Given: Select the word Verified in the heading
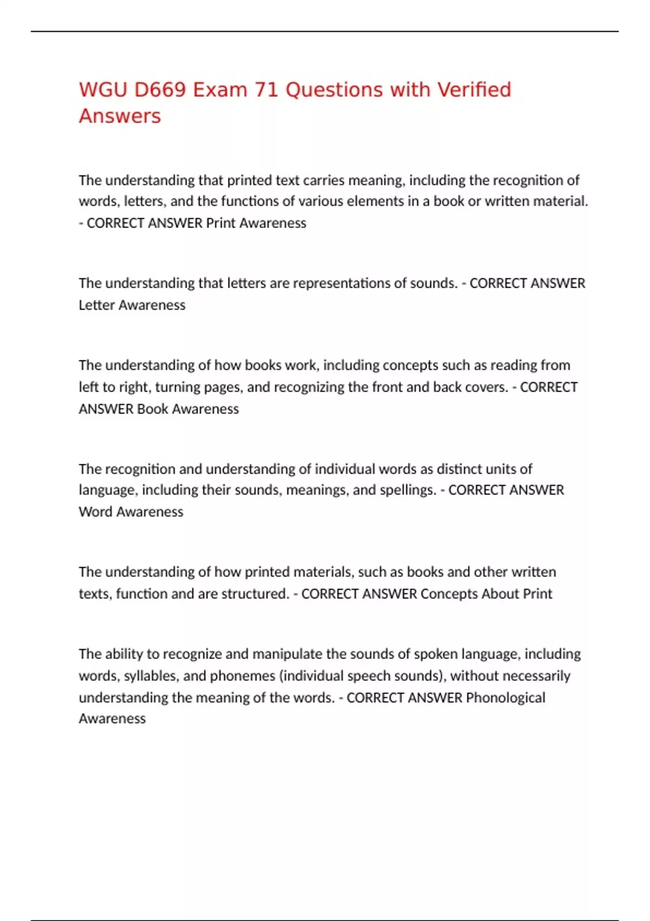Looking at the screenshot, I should [474, 90].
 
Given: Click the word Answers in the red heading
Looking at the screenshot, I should [120, 116].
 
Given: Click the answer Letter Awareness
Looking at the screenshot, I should [132, 305].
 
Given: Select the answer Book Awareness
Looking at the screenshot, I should [188, 409].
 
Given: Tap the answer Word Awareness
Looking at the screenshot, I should [131, 512].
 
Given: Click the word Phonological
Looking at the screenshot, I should [505, 698].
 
